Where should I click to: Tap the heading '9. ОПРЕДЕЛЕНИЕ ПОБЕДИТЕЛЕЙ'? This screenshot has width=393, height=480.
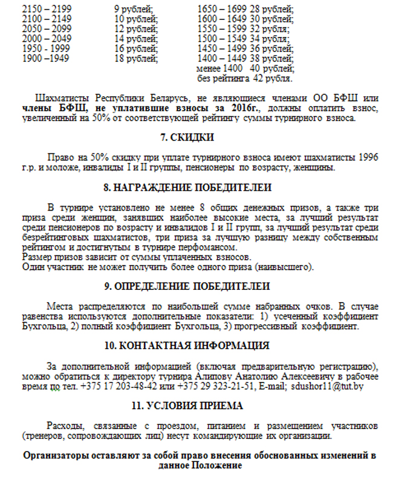(197, 286)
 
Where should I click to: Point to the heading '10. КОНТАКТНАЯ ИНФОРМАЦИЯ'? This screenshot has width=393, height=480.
(197, 346)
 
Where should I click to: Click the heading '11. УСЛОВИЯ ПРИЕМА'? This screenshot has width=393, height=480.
(196, 405)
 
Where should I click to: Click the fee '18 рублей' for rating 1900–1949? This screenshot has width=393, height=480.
(134, 59)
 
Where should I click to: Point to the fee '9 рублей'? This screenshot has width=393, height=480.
(133, 9)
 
